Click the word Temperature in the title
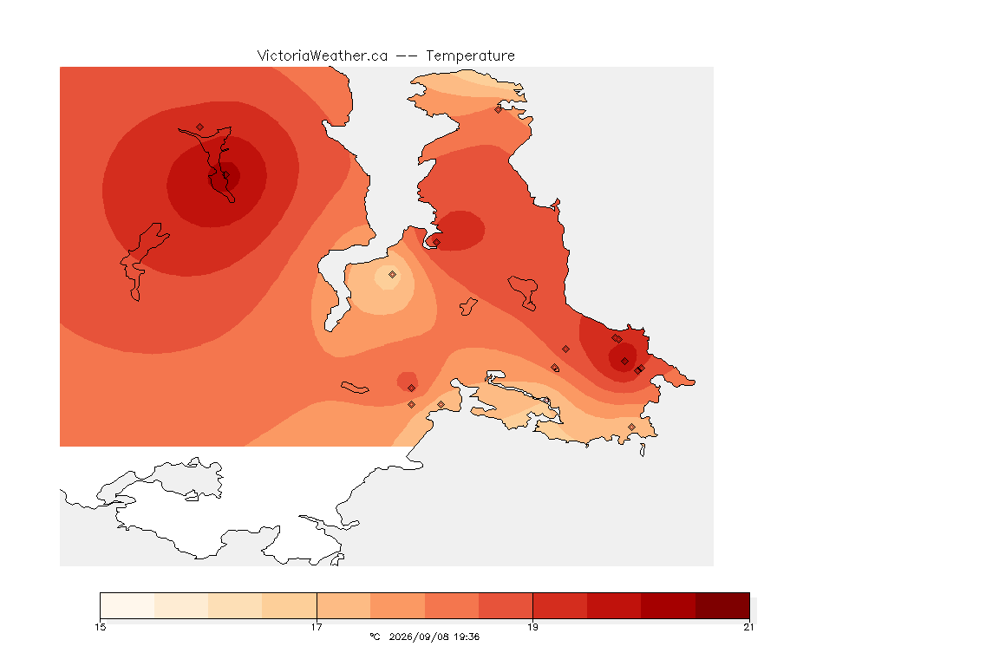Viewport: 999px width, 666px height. [x=470, y=56]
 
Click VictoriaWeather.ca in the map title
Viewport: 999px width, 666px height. [x=323, y=56]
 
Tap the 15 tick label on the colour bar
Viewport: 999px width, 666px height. [x=100, y=627]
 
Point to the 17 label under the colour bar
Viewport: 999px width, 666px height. [x=317, y=627]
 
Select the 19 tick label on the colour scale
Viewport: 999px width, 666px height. [x=532, y=627]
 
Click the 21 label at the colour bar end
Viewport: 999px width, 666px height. [x=748, y=627]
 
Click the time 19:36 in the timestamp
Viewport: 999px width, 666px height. [x=466, y=637]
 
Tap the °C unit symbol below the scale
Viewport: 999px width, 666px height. [x=375, y=637]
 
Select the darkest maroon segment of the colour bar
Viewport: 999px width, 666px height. [x=722, y=605]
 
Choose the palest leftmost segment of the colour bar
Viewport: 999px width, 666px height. [x=127, y=605]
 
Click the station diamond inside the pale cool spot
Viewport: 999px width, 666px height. [x=393, y=275]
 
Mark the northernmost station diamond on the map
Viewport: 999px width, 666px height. [x=499, y=109]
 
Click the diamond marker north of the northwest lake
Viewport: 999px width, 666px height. [x=200, y=127]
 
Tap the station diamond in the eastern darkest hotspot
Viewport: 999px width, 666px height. [x=625, y=362]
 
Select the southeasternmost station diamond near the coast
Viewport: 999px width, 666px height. [x=631, y=427]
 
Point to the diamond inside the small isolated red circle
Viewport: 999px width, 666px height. [x=412, y=388]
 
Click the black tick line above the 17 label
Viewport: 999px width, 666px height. [x=317, y=605]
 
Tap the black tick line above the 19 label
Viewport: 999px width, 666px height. [x=532, y=605]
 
